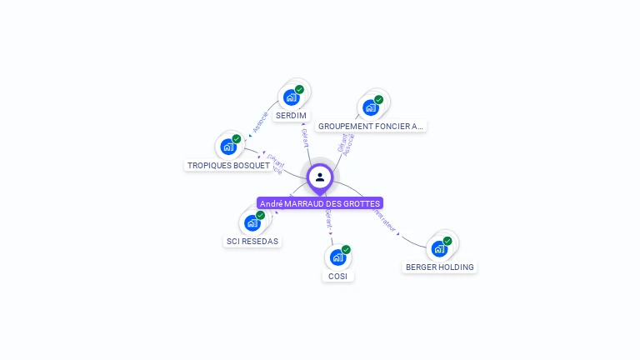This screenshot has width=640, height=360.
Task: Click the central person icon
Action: [320, 177]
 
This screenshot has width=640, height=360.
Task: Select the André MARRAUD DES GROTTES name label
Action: [320, 203]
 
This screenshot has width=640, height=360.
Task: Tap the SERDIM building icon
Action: [291, 97]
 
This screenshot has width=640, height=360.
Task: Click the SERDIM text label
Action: [291, 116]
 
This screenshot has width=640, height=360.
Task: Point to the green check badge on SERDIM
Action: [299, 90]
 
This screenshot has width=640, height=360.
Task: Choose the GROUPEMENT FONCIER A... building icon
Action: [371, 107]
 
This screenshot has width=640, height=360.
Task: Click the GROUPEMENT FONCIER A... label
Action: [371, 127]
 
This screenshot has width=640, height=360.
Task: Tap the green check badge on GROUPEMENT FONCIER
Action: [379, 100]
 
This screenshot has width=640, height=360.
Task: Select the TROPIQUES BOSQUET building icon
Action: [228, 147]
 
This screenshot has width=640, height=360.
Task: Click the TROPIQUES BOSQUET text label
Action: [228, 166]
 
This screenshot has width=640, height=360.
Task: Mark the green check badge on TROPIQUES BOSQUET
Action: [237, 139]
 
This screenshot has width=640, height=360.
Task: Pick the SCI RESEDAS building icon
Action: [252, 222]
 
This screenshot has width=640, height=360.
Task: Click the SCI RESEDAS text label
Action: [252, 242]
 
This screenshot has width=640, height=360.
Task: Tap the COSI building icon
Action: [337, 257]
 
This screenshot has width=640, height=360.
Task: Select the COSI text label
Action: [337, 276]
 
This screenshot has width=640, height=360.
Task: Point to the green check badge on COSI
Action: [346, 249]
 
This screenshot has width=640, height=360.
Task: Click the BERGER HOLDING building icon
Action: [439, 248]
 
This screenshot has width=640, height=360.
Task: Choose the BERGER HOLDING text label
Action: [439, 267]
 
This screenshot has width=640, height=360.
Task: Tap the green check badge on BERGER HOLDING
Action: [447, 241]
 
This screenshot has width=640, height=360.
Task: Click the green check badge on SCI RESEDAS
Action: [261, 215]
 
